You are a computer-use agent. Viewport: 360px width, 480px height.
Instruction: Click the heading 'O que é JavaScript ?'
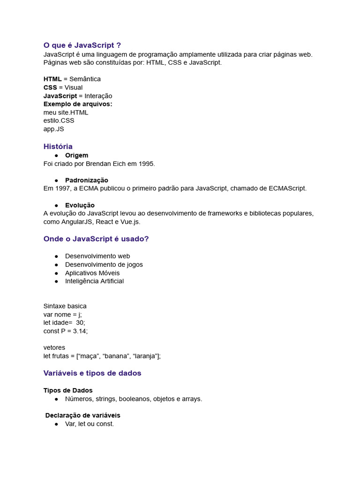click(x=82, y=45)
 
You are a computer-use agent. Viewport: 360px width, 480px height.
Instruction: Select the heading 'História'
click(x=58, y=147)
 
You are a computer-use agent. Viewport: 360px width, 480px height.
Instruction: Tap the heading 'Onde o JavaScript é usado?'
click(x=96, y=239)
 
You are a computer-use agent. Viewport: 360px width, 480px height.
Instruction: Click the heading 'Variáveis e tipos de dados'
click(x=92, y=373)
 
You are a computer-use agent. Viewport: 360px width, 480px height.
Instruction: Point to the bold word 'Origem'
click(x=76, y=155)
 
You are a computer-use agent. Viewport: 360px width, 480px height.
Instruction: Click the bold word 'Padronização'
click(x=87, y=180)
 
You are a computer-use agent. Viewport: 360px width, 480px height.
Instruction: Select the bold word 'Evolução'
click(x=80, y=205)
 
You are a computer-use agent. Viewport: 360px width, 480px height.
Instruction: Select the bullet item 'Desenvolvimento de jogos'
click(x=104, y=264)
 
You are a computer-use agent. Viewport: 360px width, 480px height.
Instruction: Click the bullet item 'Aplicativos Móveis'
click(x=92, y=273)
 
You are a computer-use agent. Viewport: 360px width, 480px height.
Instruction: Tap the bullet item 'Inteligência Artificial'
click(x=94, y=281)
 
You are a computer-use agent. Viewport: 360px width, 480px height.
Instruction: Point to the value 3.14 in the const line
click(x=79, y=331)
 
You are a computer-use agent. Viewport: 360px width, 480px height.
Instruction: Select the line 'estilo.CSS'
click(x=59, y=120)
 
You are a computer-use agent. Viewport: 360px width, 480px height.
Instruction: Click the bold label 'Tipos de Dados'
click(x=68, y=390)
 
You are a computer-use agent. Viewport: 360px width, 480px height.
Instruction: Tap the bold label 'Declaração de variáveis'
click(x=83, y=415)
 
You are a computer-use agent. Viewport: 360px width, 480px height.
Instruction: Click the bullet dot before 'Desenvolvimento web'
click(x=56, y=256)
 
